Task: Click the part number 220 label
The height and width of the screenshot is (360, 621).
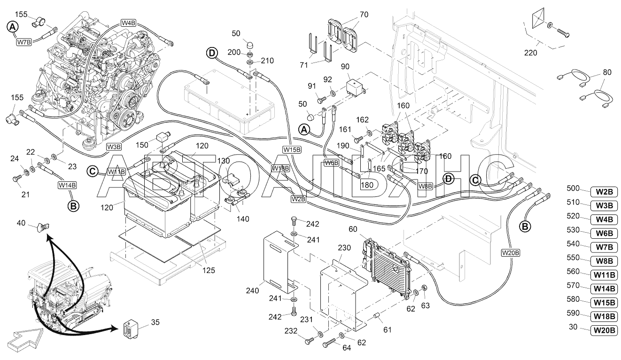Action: [530, 53]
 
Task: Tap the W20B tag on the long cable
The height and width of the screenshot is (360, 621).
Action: [511, 253]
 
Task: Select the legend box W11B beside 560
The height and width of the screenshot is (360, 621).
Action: [605, 275]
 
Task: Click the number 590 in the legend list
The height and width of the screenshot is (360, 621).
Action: [573, 313]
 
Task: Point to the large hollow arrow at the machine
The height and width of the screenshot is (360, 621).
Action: [24, 340]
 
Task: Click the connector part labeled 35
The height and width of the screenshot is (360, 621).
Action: [131, 329]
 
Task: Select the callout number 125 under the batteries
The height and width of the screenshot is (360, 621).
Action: [209, 270]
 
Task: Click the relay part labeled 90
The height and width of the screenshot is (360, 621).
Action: [356, 86]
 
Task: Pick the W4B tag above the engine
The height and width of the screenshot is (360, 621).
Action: [128, 23]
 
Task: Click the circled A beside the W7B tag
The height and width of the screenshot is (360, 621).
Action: [13, 27]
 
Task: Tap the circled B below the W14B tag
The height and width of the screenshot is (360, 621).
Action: [73, 206]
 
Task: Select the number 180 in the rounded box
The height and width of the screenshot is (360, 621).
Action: [367, 185]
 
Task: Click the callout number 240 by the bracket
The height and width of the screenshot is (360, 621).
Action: [252, 290]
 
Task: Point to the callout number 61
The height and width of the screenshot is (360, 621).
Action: [387, 330]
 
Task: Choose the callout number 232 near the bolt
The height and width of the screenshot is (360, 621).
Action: [291, 331]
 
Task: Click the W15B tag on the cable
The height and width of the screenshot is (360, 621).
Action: [292, 149]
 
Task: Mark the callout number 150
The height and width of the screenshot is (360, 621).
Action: [142, 145]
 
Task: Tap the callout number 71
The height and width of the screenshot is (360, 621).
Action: [304, 65]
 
